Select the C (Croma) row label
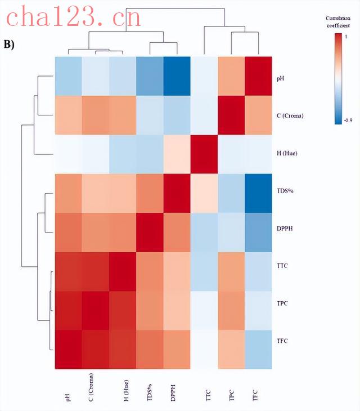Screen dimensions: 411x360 (x=291, y=116)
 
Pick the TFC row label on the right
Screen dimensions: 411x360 (x=283, y=341)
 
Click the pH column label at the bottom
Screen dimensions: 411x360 (x=69, y=397)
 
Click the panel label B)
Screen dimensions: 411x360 (x=11, y=44)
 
